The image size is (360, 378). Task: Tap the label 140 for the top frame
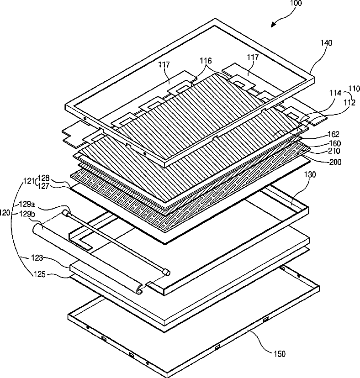[326, 43]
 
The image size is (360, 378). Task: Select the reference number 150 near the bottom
[280, 354]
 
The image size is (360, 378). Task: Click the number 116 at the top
[206, 60]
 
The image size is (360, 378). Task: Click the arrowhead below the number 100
[273, 26]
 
